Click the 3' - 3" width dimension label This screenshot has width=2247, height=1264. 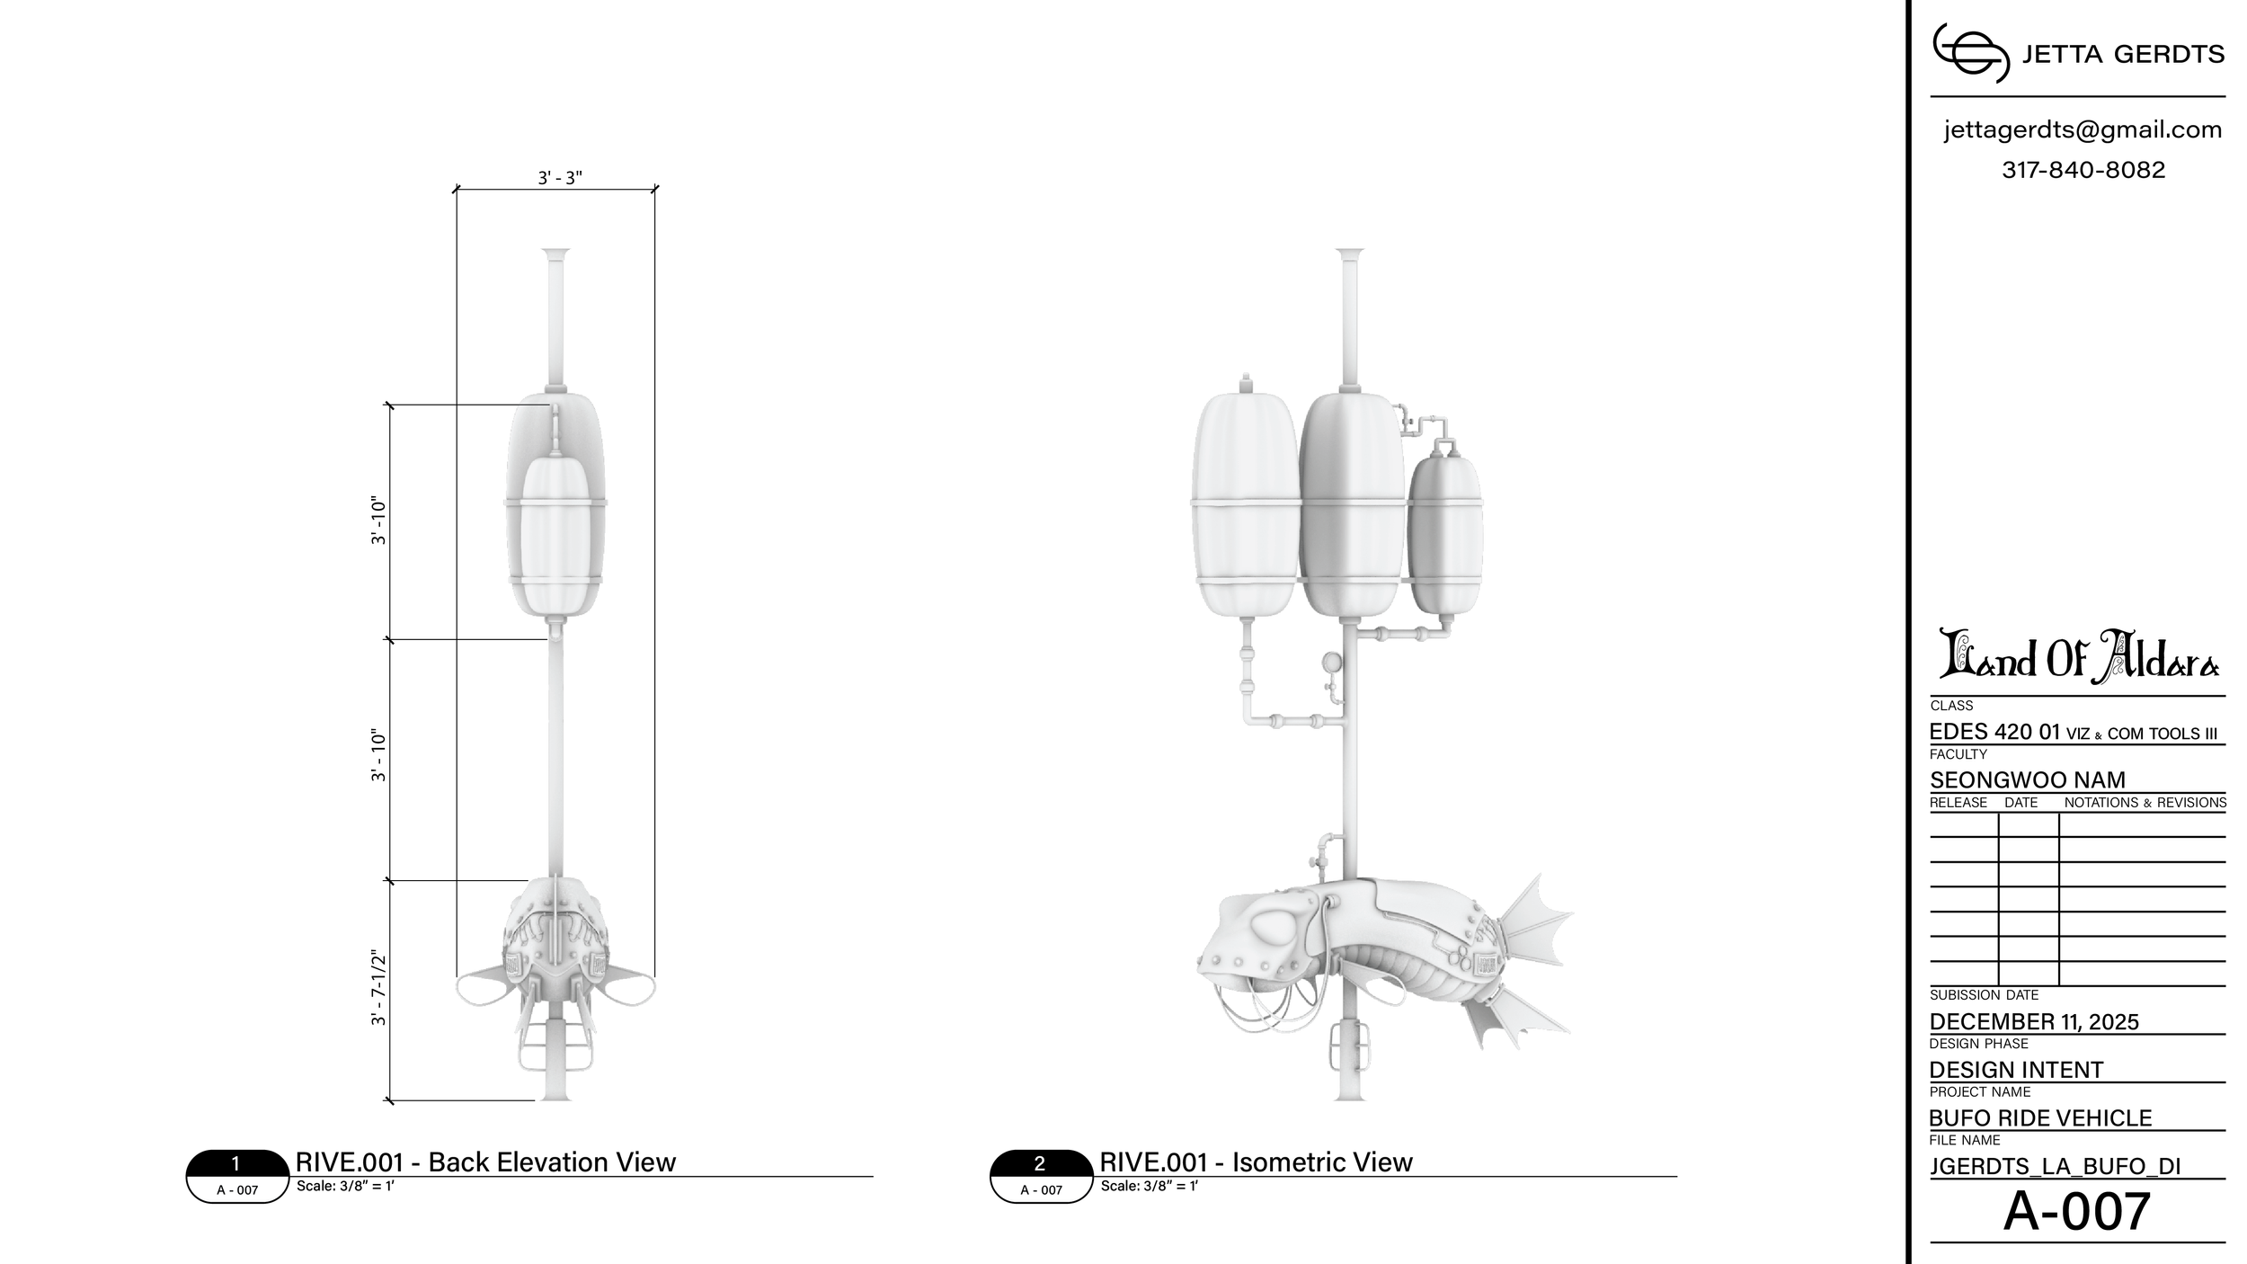point(560,178)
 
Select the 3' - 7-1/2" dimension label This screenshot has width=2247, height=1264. point(378,989)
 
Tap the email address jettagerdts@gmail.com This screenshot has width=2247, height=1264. point(2083,130)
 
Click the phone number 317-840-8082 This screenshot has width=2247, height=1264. point(2083,170)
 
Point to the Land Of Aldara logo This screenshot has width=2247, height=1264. point(2078,655)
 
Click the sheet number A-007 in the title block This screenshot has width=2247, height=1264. point(2077,1211)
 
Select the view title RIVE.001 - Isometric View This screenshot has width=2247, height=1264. point(1256,1162)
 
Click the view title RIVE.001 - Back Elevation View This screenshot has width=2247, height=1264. point(485,1162)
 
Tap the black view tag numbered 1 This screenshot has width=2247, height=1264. point(236,1164)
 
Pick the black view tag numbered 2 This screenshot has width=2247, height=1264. point(1040,1164)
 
